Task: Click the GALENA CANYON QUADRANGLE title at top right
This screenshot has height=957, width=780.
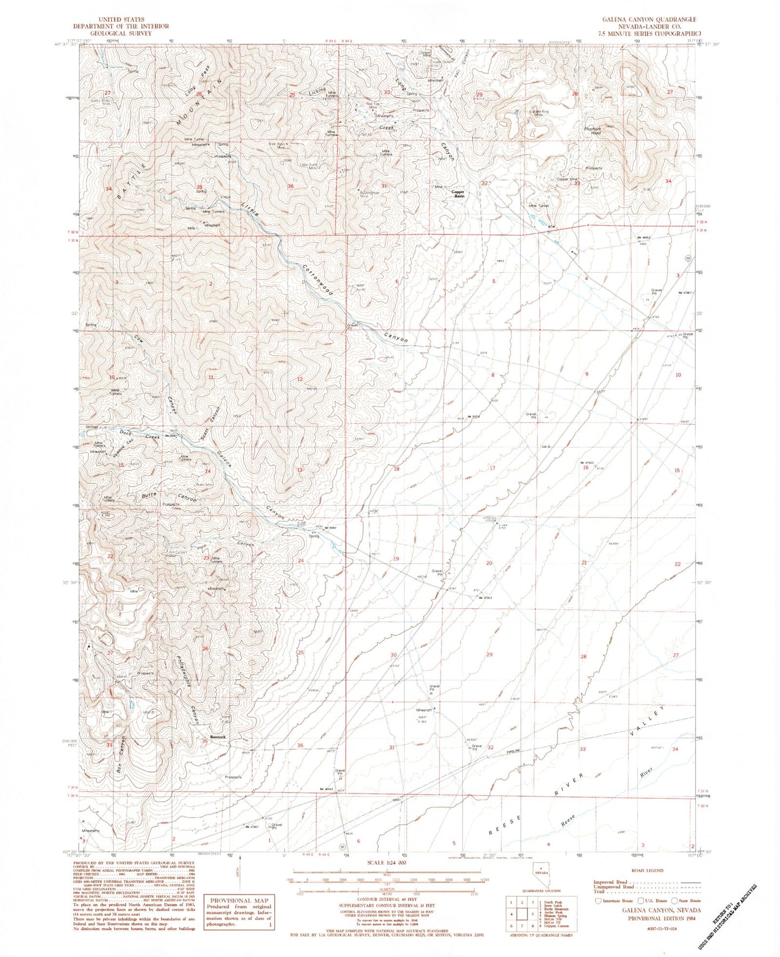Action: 649,19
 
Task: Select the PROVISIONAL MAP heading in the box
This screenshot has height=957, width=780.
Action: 239,900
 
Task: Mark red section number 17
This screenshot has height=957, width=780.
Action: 492,468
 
